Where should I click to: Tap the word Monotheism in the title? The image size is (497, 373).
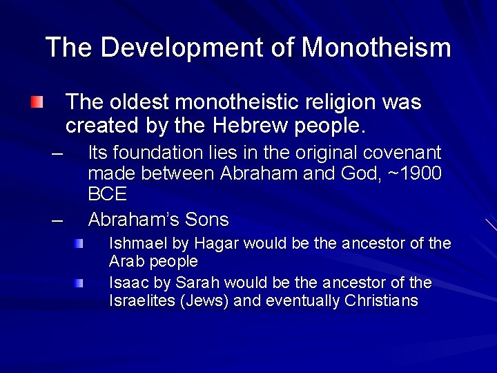tap(377, 48)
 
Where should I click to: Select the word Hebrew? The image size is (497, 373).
tap(265, 127)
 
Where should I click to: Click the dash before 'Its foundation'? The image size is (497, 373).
tap(57, 153)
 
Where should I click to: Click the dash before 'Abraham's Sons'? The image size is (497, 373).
tap(57, 220)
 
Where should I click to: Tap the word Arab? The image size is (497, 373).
tap(124, 262)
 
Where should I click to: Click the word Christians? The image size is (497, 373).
tap(381, 301)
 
